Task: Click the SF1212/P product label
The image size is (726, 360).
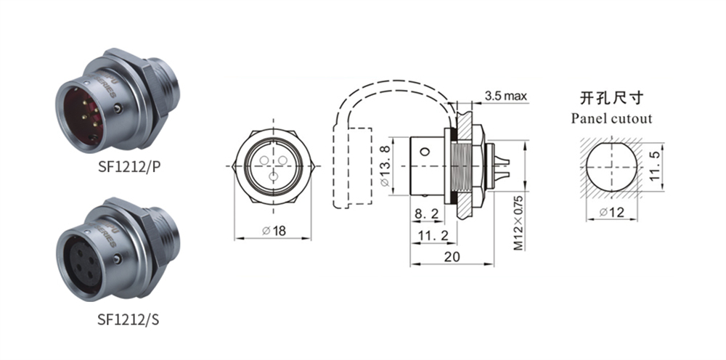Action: click(129, 165)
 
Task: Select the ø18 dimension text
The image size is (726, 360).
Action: click(274, 230)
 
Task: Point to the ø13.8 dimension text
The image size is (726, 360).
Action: click(386, 165)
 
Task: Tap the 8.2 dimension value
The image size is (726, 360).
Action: click(426, 213)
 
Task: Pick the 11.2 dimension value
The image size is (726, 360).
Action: click(433, 236)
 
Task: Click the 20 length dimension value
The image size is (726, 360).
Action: click(452, 256)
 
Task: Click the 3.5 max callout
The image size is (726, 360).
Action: click(505, 96)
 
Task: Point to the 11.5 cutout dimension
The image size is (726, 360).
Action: click(654, 166)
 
